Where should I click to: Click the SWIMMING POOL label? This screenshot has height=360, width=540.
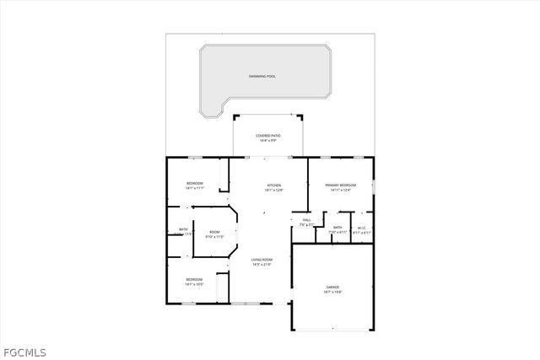pos(262,77)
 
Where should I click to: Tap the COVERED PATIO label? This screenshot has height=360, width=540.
pos(268,135)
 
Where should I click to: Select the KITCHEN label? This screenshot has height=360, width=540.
pos(274,185)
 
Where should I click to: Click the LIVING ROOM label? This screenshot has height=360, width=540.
pos(262,260)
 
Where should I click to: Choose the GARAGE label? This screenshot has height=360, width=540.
pos(332,287)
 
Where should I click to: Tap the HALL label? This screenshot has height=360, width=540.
pos(306,220)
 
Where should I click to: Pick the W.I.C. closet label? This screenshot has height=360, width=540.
pos(361,227)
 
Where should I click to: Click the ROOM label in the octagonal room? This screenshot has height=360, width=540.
pos(214,232)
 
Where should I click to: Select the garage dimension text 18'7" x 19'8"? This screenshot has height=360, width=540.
pos(332,293)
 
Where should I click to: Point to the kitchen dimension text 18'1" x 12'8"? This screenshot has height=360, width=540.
pos(274,191)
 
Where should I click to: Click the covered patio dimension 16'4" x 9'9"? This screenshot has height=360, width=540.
pos(268,140)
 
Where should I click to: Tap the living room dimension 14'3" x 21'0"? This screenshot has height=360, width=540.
pos(262,265)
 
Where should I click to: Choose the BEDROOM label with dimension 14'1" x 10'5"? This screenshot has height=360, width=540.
pos(195,279)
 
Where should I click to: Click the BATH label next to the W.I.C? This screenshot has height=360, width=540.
pos(337,227)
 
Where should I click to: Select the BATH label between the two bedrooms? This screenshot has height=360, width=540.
pos(183,229)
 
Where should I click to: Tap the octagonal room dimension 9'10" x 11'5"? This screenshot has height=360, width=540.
pos(214,237)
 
